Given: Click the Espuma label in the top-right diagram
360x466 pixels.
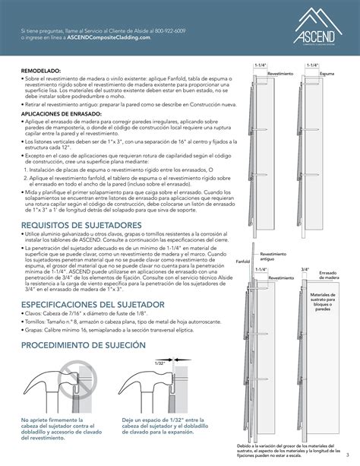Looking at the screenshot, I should (327, 74).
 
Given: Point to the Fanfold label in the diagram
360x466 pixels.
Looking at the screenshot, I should (243, 260).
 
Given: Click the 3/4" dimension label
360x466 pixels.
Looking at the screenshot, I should (305, 269).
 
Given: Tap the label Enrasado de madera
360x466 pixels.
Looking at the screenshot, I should (328, 275).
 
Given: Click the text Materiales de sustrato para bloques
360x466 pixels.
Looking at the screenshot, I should (327, 302).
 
